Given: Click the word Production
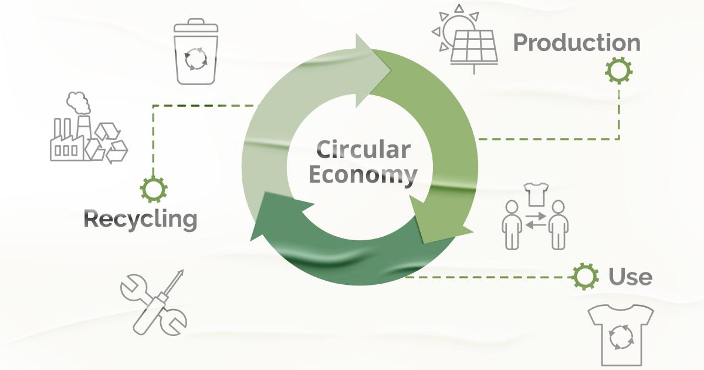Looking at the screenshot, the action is [577, 43].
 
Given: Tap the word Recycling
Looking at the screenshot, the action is [140, 220].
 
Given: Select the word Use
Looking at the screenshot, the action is [631, 277].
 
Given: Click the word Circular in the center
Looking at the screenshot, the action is [363, 149].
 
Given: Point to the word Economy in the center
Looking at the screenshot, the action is [363, 175].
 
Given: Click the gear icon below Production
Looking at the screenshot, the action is [618, 71].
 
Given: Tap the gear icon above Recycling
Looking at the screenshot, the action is [153, 189].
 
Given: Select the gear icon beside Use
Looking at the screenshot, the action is [585, 277].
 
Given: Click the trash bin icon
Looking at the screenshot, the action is [196, 52].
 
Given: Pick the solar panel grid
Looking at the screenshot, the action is [474, 47].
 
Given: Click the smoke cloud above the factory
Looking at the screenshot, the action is [78, 103].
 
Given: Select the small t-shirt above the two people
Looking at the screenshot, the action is [536, 194].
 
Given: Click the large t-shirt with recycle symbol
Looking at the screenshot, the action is [621, 335].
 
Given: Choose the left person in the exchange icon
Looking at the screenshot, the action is [512, 224].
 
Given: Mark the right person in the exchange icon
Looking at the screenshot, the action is [558, 224].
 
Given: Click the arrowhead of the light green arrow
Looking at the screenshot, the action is [373, 70].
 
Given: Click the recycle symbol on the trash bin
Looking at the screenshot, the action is [196, 59].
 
